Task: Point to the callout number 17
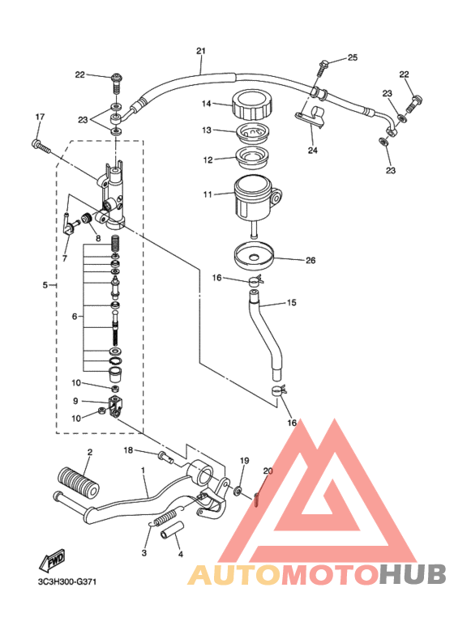pos(38,117)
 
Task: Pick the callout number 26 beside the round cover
pos(310,261)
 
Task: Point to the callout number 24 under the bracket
pos(313,150)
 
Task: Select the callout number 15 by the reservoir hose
pos(291,304)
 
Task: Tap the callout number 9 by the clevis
pos(75,400)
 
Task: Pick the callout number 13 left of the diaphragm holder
pos(206,130)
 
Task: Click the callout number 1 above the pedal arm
pos(143,470)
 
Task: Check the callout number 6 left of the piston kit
pos(75,316)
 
